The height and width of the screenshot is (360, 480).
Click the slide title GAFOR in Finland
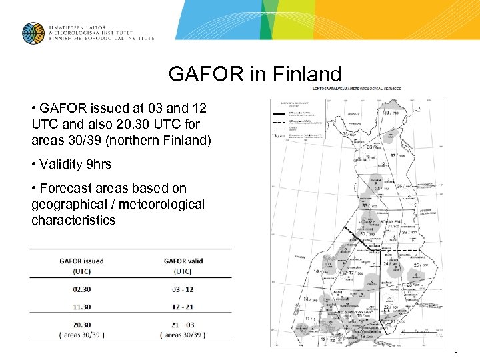(x=255, y=73)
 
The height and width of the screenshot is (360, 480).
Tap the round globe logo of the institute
(x=33, y=33)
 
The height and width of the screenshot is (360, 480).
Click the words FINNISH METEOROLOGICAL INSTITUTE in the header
(x=100, y=39)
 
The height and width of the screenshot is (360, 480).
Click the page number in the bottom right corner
(x=455, y=350)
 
